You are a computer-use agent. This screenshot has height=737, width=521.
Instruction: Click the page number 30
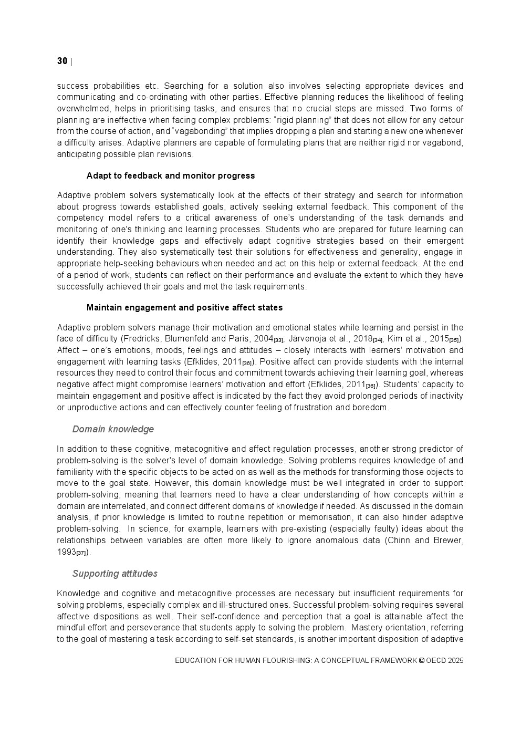(x=62, y=61)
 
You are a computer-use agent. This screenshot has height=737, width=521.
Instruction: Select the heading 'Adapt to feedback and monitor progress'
(x=171, y=176)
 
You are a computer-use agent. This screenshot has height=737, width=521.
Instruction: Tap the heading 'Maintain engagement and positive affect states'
(x=184, y=308)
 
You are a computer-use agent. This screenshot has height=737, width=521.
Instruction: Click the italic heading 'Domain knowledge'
(x=113, y=429)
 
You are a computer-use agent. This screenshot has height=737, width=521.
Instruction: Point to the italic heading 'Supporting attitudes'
(x=114, y=574)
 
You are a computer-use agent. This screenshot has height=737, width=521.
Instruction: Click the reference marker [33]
(x=278, y=340)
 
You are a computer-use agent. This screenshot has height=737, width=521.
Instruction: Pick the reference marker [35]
(x=454, y=340)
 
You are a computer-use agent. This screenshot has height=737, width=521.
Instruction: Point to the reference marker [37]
(x=81, y=553)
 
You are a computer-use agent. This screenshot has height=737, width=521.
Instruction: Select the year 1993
(x=66, y=552)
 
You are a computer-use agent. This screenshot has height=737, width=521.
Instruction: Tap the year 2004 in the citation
(x=263, y=339)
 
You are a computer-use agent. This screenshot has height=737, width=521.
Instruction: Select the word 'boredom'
(x=371, y=408)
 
